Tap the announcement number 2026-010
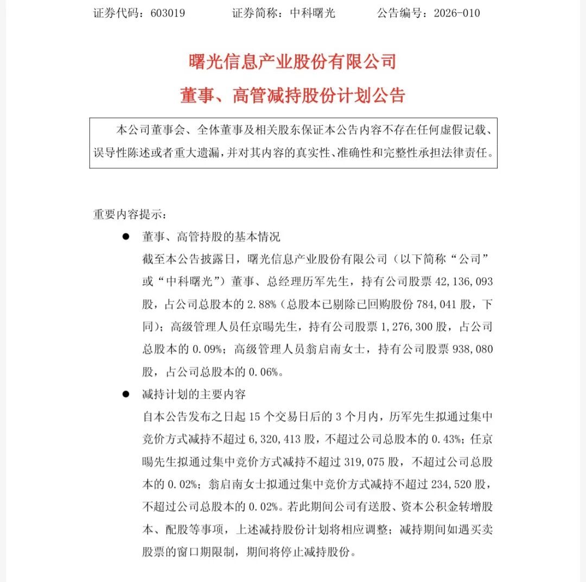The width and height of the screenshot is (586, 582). click(x=457, y=13)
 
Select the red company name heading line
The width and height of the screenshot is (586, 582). click(x=292, y=61)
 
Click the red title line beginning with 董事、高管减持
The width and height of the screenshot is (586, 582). click(x=292, y=95)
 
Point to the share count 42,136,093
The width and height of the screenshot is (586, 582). click(x=464, y=282)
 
